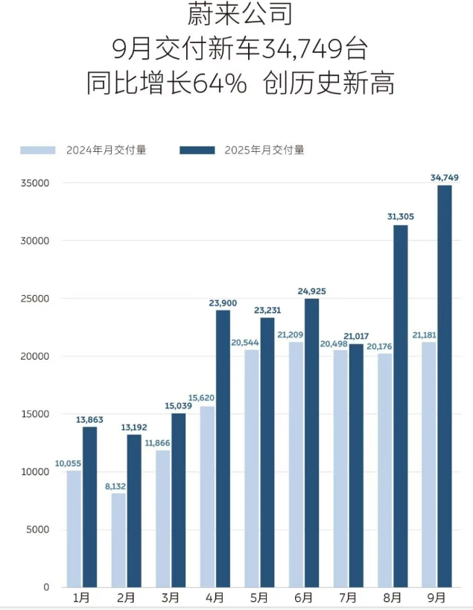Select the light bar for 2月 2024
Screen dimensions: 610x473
coord(118,540)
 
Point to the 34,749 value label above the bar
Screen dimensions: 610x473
coord(445,177)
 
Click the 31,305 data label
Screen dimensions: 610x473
coord(401,217)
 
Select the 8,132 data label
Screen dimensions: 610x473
coord(115,485)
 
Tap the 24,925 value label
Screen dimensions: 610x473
coord(311,290)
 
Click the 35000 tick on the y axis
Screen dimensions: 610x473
coord(34,183)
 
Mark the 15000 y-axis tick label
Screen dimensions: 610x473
coord(34,414)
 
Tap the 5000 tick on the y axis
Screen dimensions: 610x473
coord(37,530)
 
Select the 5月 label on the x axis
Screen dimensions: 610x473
coord(259,597)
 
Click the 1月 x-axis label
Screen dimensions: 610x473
coord(82,597)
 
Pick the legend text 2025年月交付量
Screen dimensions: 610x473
coord(264,150)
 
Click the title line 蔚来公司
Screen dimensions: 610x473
coord(237,15)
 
